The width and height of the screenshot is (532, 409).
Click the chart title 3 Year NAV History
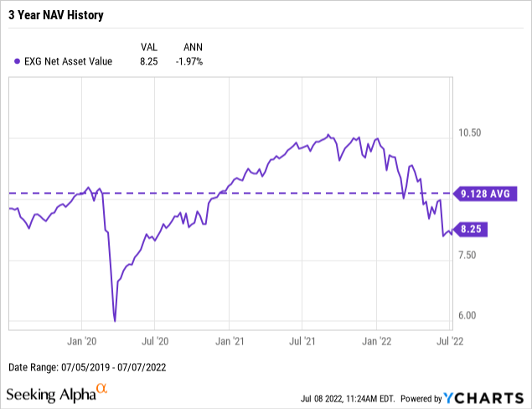(57, 15)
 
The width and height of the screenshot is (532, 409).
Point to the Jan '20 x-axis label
(81, 341)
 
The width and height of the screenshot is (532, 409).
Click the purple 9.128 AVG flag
(486, 194)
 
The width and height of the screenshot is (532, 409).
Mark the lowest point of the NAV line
(114, 320)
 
